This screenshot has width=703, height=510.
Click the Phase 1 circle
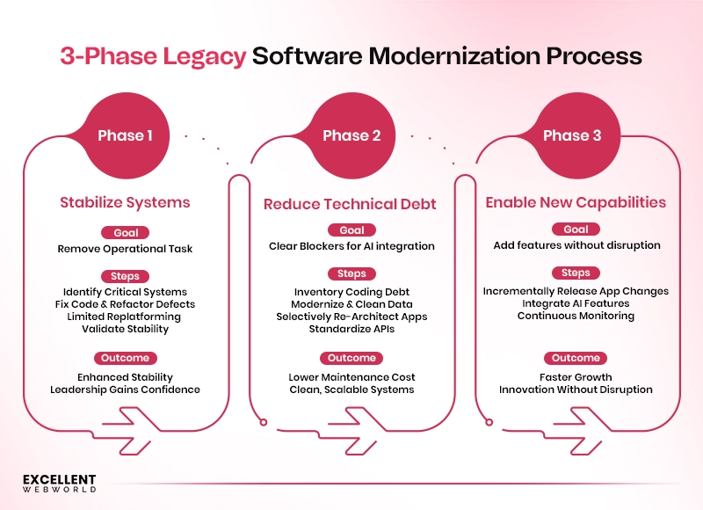click(125, 135)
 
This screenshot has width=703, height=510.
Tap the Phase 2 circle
click(351, 135)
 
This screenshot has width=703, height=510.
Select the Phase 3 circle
click(572, 135)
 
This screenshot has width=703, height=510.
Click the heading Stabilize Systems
click(125, 202)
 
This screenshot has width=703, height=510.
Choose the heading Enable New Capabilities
click(576, 202)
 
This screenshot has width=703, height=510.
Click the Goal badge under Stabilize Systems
click(125, 233)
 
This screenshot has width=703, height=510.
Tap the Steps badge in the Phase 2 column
click(351, 273)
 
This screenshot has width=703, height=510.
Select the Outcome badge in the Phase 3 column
click(576, 358)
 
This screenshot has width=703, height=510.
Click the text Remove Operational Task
click(125, 249)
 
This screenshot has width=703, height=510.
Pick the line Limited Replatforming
click(125, 317)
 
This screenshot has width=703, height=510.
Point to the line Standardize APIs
click(351, 329)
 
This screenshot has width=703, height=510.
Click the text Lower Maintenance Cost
click(351, 377)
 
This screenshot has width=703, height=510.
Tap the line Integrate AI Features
click(576, 303)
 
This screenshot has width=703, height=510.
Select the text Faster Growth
click(576, 377)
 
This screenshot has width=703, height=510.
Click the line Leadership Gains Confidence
click(125, 390)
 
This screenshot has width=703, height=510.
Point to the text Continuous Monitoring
click(576, 316)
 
